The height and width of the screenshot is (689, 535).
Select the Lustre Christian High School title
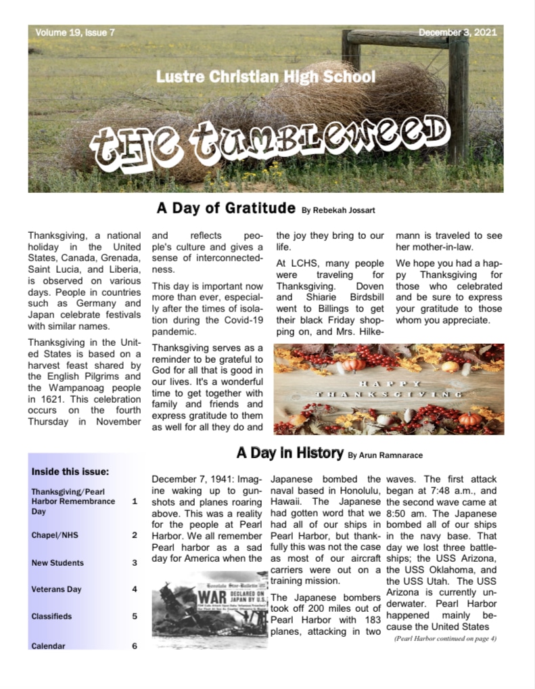[x=265, y=76]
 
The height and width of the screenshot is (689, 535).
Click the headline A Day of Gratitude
[x=226, y=207]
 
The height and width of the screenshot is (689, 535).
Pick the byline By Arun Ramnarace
[x=385, y=455]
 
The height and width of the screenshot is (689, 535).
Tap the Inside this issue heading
[x=70, y=472]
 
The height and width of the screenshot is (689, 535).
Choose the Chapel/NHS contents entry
[x=55, y=535]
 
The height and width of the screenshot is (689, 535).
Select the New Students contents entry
[x=57, y=562]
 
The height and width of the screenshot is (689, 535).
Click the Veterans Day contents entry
[x=56, y=589]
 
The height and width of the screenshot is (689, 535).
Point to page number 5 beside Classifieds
[x=135, y=616]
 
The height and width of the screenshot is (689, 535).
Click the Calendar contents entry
[x=48, y=646]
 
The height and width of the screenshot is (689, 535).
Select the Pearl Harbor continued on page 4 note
[x=445, y=638]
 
